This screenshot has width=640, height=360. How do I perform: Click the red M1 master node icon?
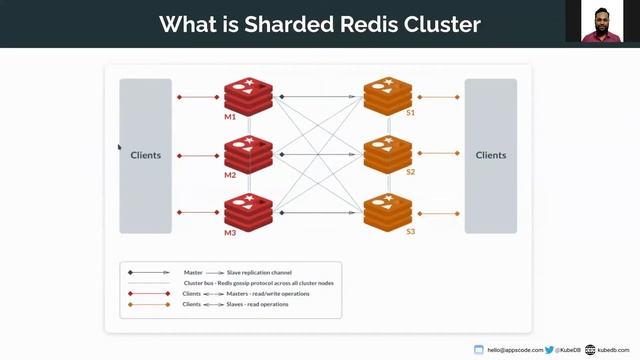click(248, 96)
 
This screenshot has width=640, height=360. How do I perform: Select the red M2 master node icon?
click(248, 154)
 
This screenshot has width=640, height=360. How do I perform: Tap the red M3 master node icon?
click(248, 211)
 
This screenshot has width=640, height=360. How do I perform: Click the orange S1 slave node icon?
click(388, 96)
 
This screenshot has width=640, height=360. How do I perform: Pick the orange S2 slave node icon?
click(388, 154)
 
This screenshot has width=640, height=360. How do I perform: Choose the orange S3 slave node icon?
click(388, 211)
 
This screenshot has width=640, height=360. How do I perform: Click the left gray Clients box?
click(145, 155)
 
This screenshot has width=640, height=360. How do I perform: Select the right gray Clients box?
click(490, 155)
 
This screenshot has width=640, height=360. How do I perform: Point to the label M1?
click(230, 117)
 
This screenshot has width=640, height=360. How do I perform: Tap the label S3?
click(410, 232)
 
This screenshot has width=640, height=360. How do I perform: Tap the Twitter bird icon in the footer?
click(550, 350)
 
